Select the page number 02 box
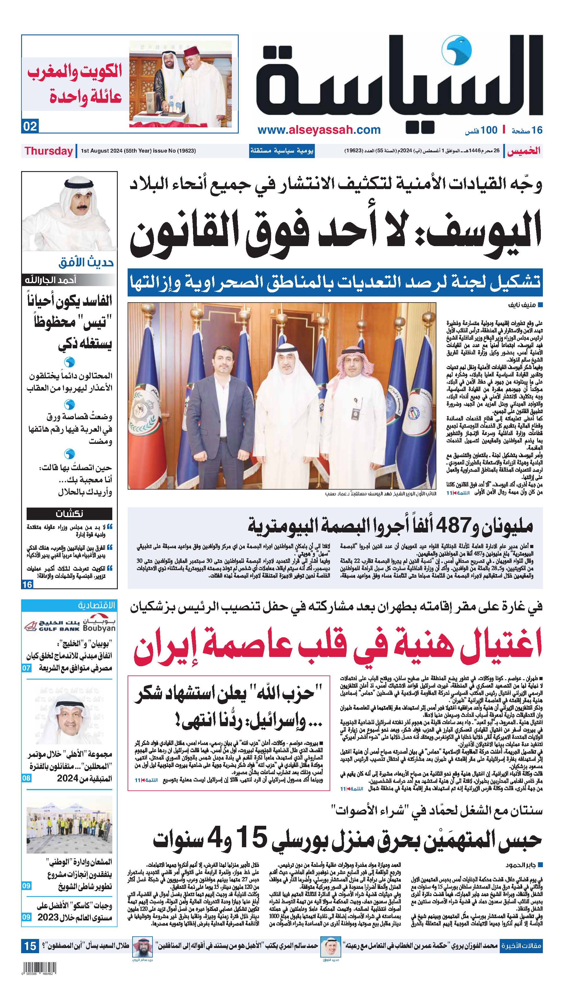[30, 127]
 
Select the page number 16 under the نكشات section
[27, 584]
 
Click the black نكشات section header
[69, 513]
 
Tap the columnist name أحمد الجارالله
[50, 280]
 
